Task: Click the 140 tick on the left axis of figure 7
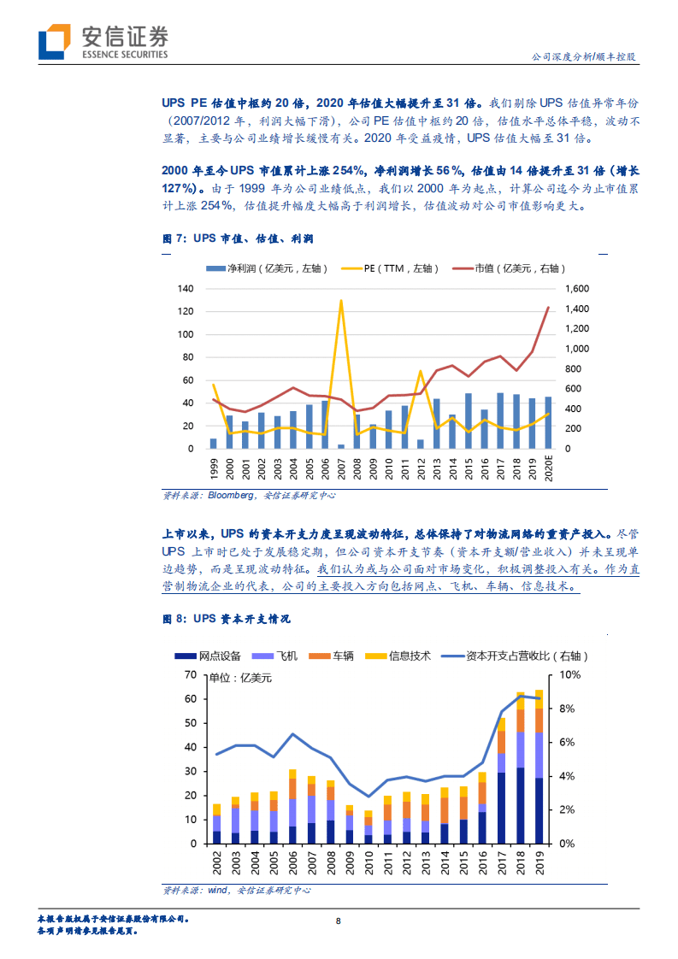point(186,289)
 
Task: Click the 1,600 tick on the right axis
point(579,289)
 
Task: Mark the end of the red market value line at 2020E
point(548,308)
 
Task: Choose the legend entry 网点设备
point(214,656)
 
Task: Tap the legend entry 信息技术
point(400,656)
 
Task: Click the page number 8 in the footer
point(339,921)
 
